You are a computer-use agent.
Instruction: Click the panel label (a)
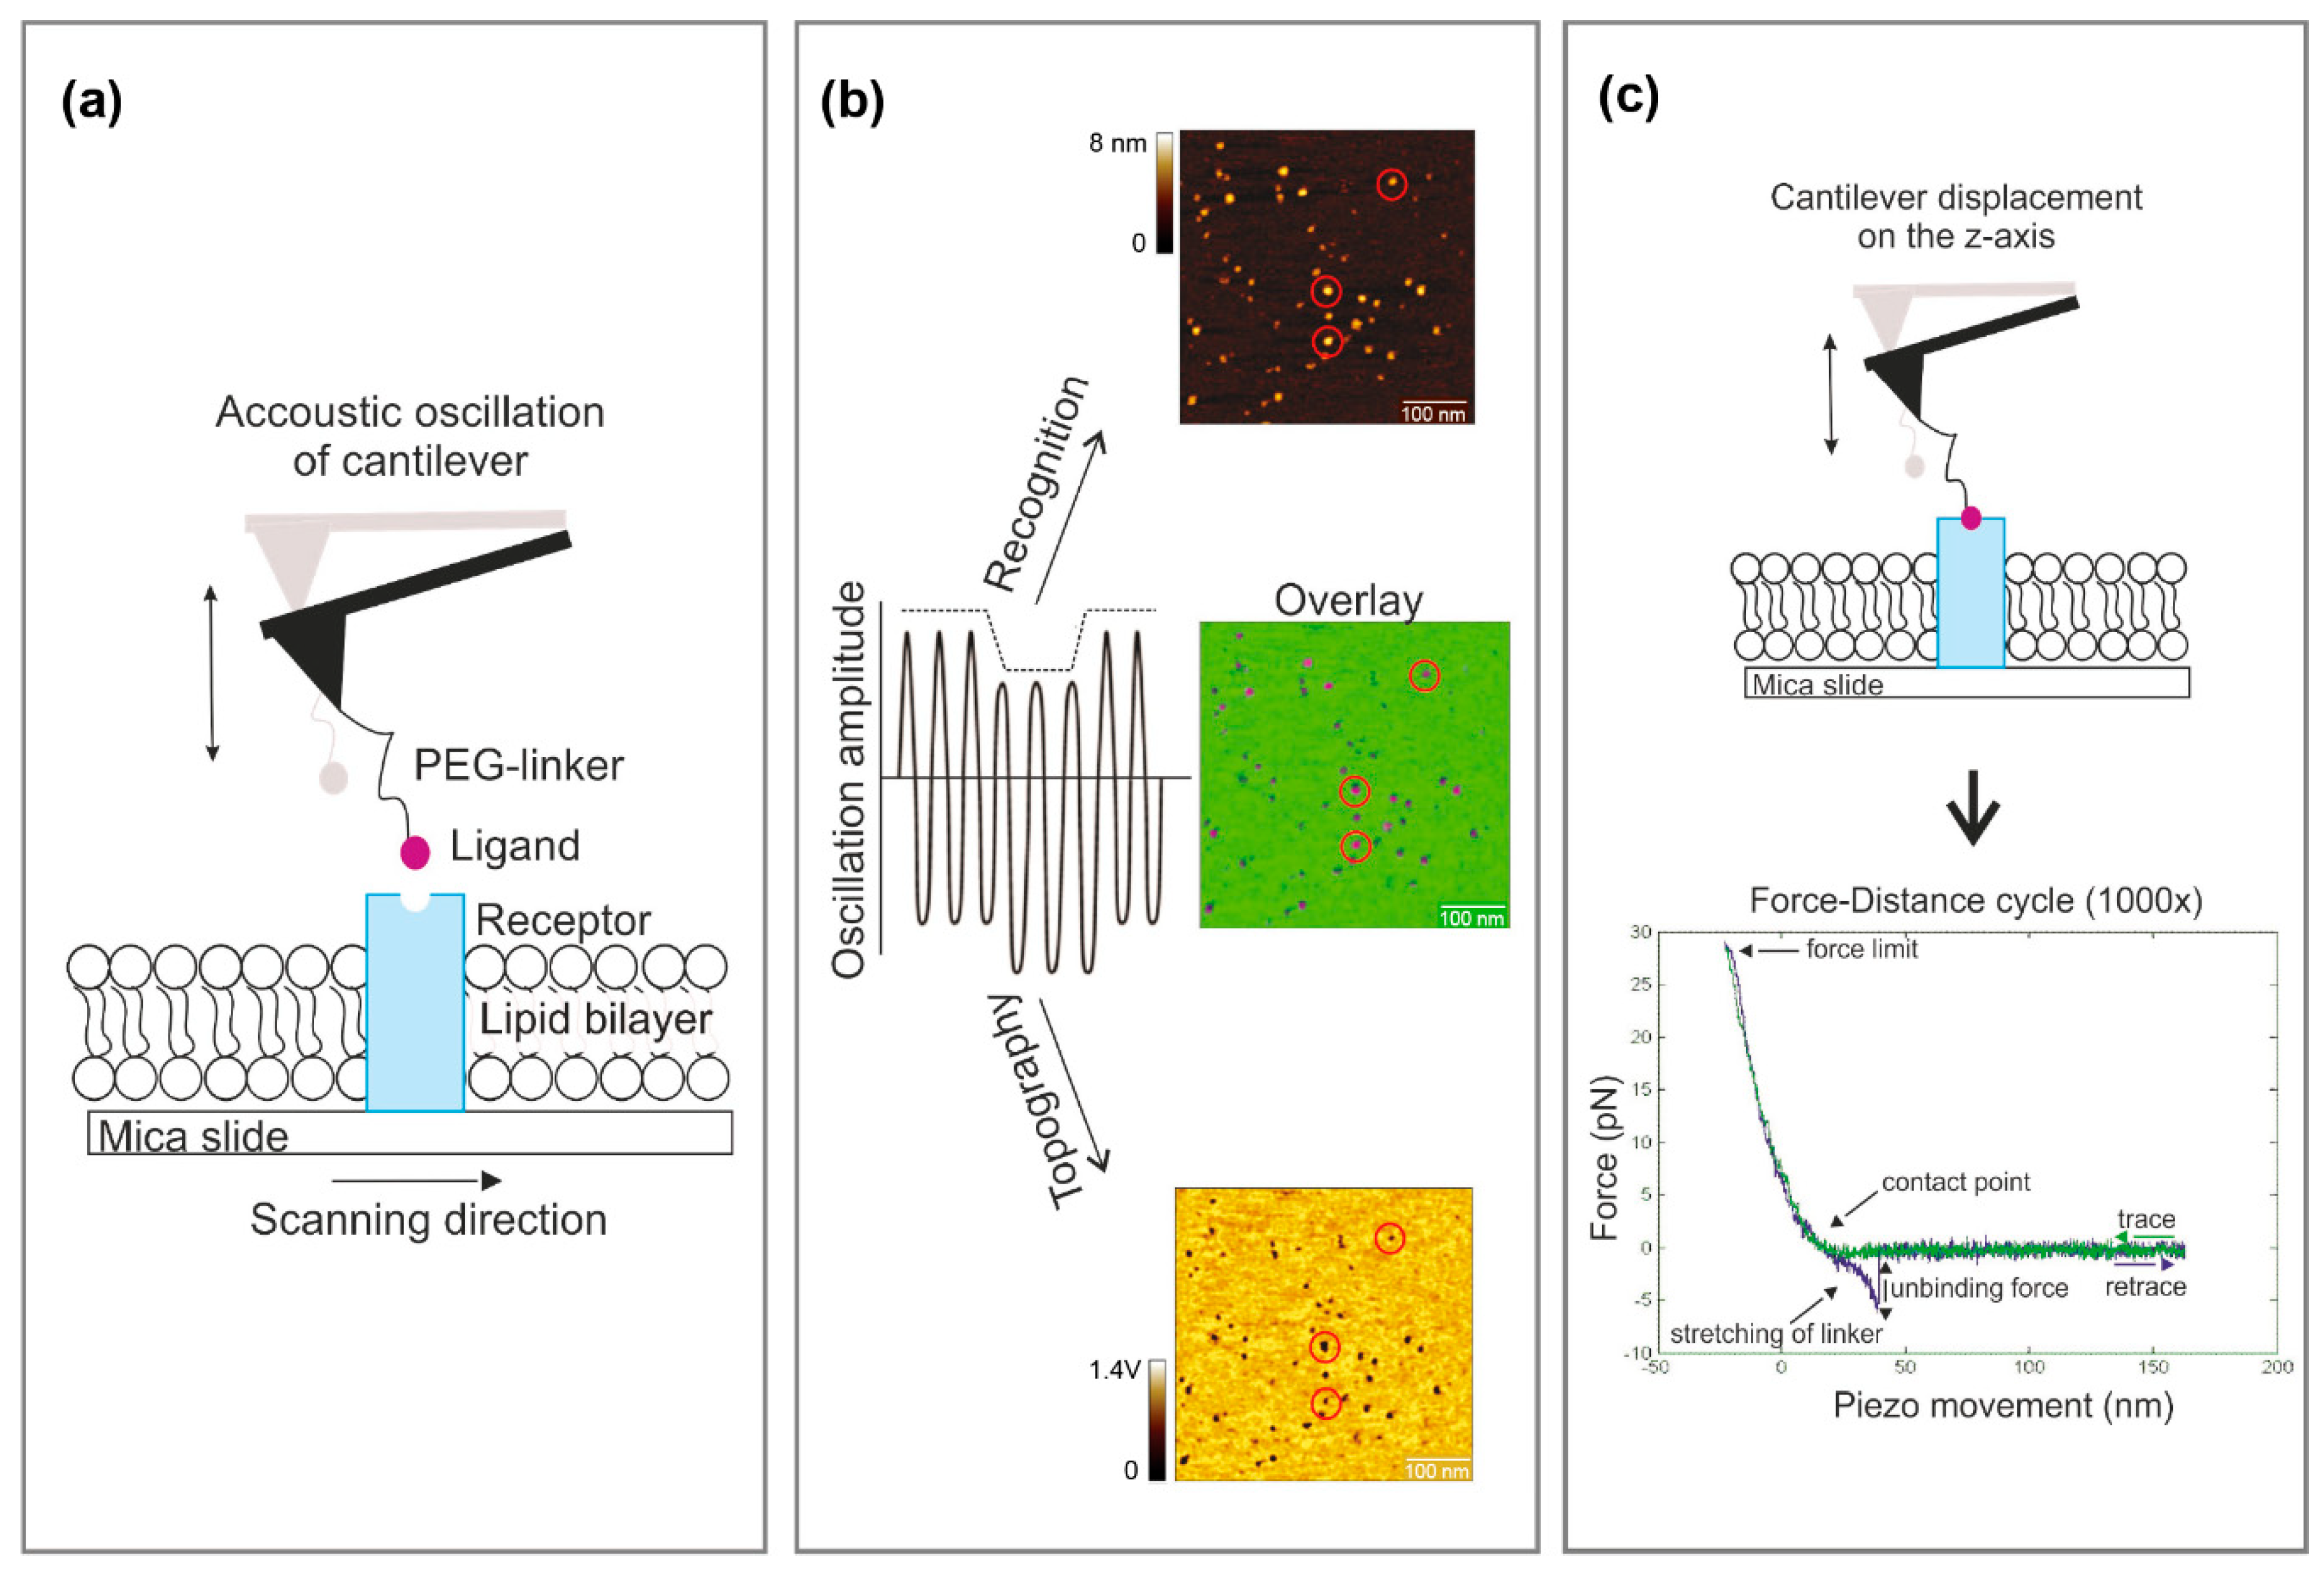92,102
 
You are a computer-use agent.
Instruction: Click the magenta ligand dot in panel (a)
415,852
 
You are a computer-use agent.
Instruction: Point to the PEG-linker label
518,765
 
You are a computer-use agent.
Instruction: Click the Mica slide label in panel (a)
193,1136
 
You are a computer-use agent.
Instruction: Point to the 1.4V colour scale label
1114,1369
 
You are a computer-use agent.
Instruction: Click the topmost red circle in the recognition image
1392,184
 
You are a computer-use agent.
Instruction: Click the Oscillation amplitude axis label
848,780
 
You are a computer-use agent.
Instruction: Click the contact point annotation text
1955,1182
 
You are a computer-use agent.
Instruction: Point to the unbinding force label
1978,1288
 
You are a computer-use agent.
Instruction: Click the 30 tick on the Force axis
1640,932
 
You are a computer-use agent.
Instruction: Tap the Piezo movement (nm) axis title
2002,1405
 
